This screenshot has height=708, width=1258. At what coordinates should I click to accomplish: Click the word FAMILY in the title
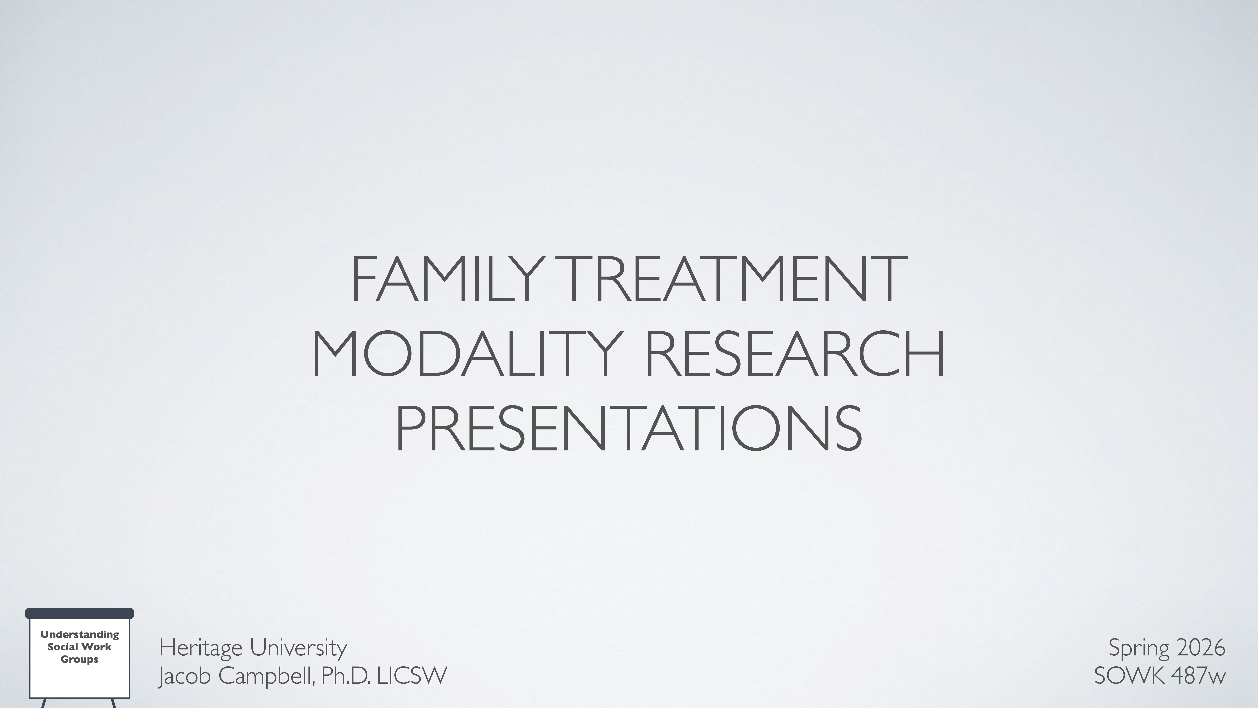(x=447, y=279)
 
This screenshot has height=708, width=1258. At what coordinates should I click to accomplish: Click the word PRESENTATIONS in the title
(x=628, y=429)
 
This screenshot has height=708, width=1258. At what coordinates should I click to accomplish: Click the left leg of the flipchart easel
(x=43, y=703)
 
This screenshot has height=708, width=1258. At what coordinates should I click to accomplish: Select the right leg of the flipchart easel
(x=114, y=703)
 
